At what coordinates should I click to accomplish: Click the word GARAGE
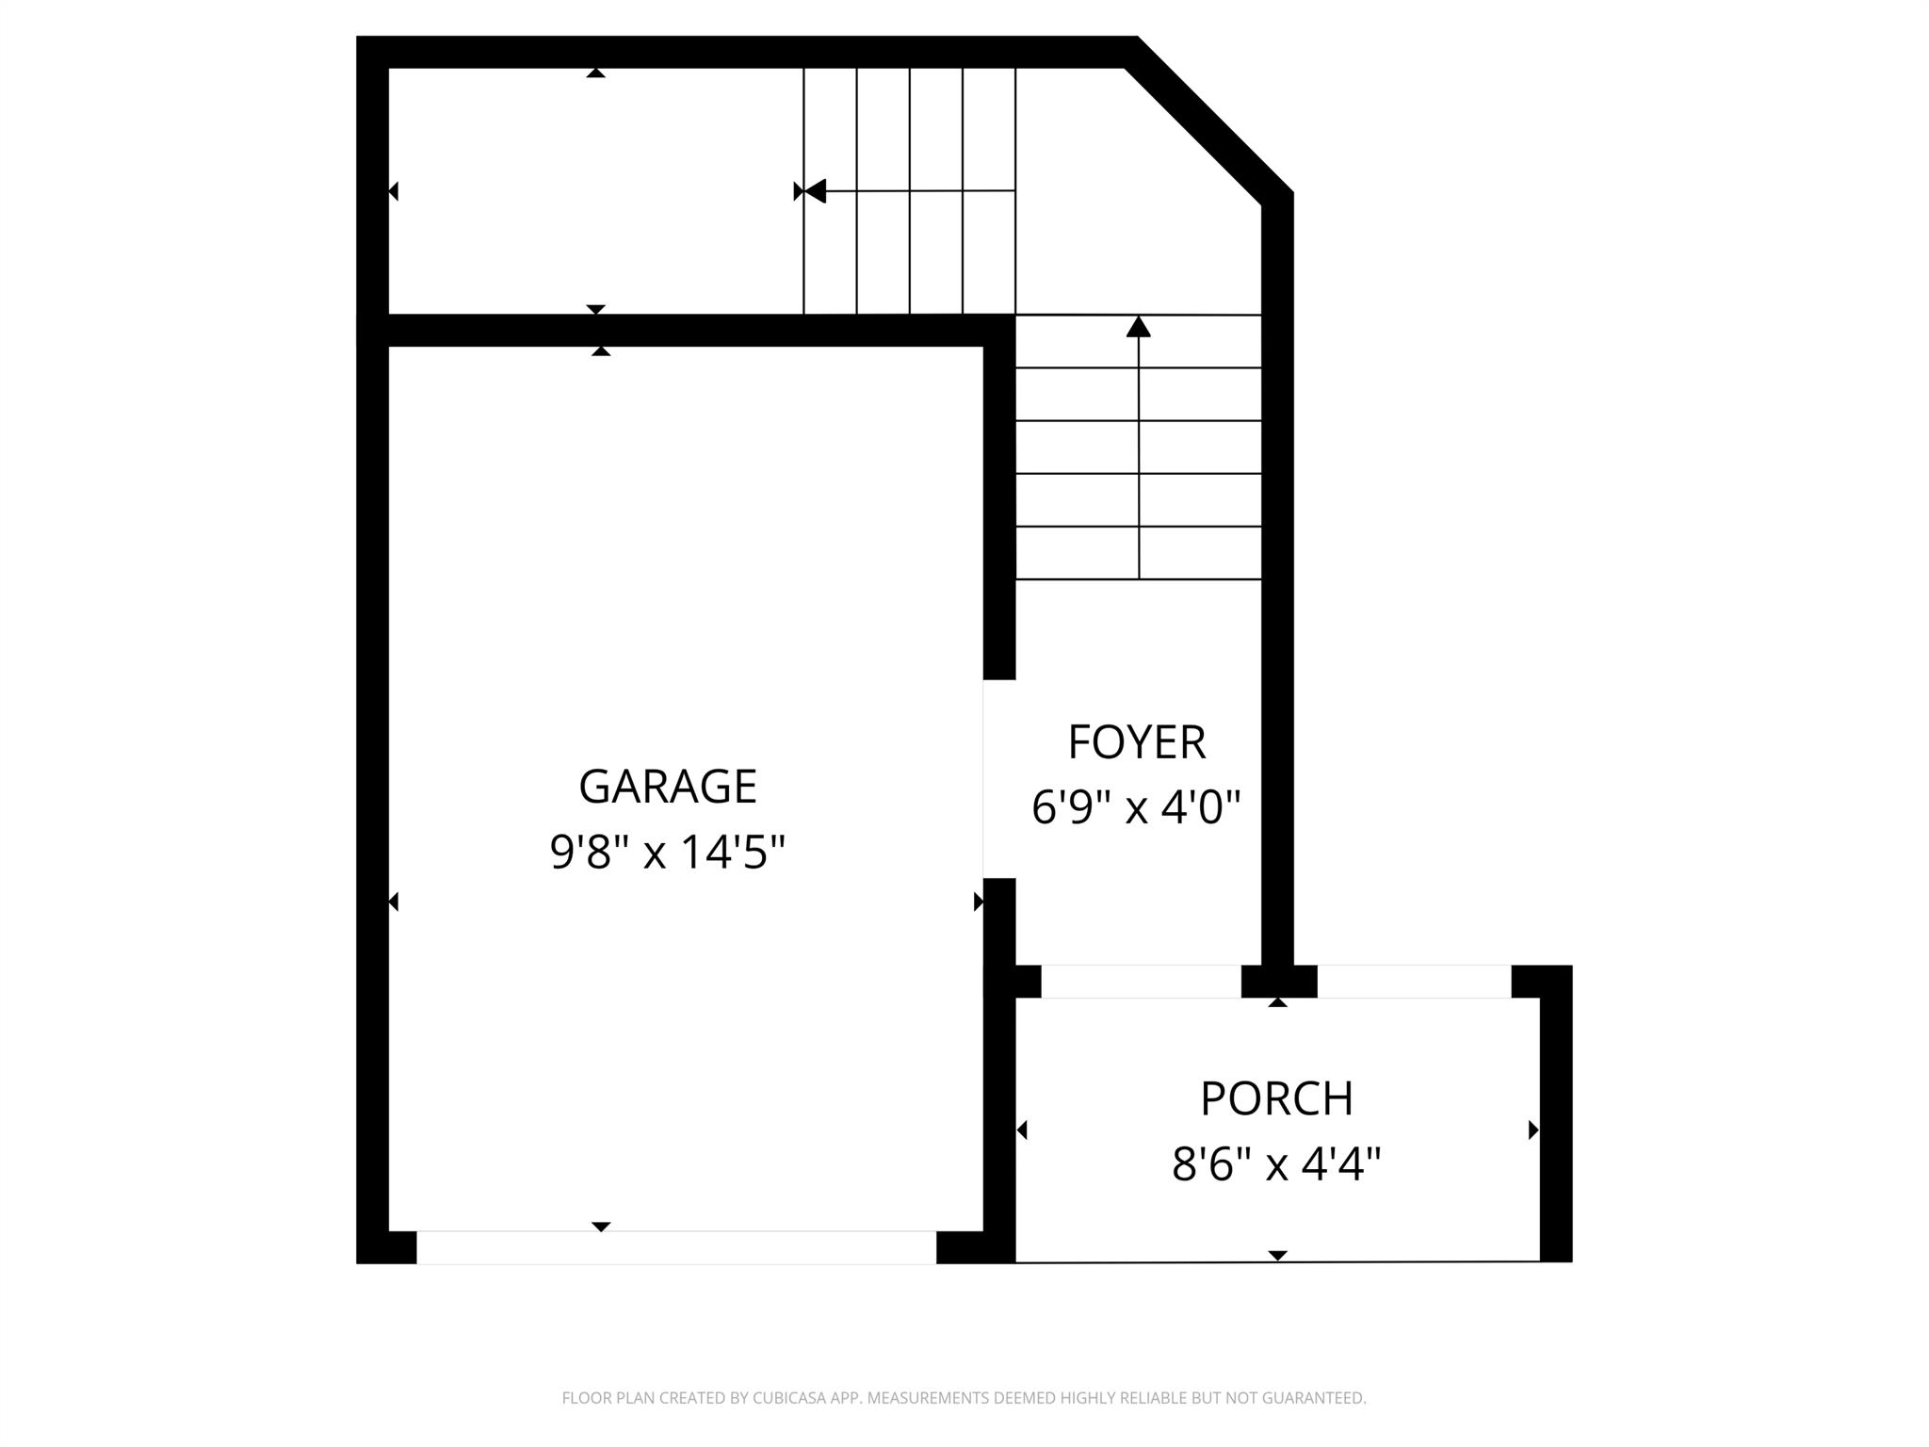click(x=667, y=787)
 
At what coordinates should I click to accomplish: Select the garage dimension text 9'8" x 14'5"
click(x=667, y=853)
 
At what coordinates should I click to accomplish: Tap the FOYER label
click(x=1136, y=742)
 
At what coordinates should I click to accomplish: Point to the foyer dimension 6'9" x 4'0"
click(x=1136, y=807)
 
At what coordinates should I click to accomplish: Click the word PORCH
click(x=1276, y=1098)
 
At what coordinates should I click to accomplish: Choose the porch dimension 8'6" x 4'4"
click(x=1276, y=1164)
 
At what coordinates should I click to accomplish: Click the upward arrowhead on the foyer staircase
click(x=1139, y=327)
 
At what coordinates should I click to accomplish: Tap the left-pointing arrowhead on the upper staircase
click(x=815, y=191)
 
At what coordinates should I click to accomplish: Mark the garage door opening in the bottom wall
click(x=676, y=1247)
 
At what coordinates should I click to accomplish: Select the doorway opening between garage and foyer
click(x=998, y=779)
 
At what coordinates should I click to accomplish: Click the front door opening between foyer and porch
click(x=1141, y=982)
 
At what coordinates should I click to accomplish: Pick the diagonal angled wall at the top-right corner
click(x=1210, y=118)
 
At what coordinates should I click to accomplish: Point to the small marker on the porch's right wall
click(x=1533, y=1130)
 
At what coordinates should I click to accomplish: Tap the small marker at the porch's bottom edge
click(x=1277, y=1255)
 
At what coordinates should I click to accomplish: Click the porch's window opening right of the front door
click(x=1414, y=982)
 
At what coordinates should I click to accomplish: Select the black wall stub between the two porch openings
click(x=1278, y=982)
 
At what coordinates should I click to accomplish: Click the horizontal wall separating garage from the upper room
click(x=686, y=331)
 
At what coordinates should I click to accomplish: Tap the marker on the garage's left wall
click(x=394, y=902)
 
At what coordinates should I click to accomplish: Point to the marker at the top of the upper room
click(x=595, y=73)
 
